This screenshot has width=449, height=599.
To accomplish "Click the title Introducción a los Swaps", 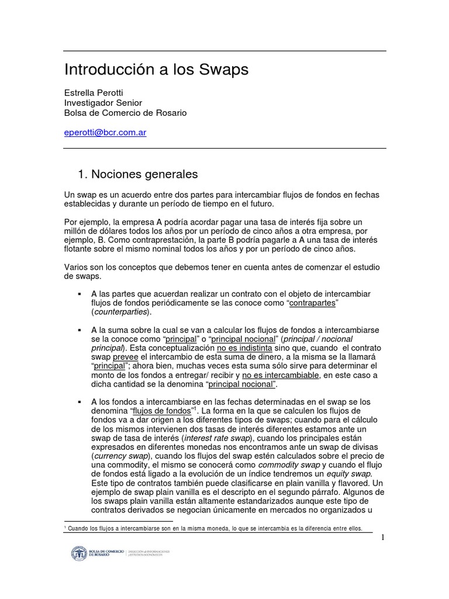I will pyautogui.click(x=156, y=70).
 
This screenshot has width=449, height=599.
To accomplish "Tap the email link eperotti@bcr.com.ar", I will pyautogui.click(x=105, y=132).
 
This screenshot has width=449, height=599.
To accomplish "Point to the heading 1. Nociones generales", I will pyautogui.click(x=138, y=174).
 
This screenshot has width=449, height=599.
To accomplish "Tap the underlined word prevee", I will pyautogui.click(x=126, y=359).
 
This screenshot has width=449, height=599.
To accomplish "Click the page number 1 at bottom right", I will pyautogui.click(x=382, y=538).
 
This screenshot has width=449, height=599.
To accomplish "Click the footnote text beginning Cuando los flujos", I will pyautogui.click(x=214, y=528).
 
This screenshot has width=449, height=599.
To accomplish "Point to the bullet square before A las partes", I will pyautogui.click(x=79, y=292).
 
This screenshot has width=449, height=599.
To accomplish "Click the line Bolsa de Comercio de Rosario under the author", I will pyautogui.click(x=125, y=112).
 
